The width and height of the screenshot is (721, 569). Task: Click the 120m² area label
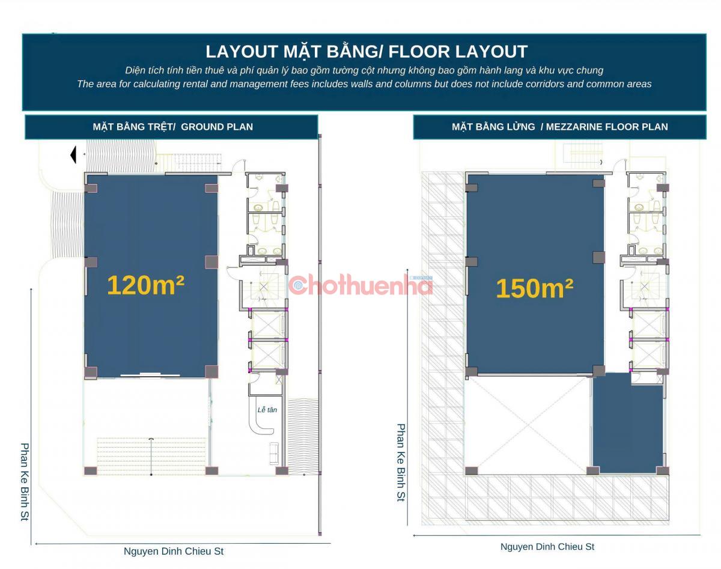146,285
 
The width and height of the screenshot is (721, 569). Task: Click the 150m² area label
534,288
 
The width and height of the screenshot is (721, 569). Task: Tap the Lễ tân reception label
267,410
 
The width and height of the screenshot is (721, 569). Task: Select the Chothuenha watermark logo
360,285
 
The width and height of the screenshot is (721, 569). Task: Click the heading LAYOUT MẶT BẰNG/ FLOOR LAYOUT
367,52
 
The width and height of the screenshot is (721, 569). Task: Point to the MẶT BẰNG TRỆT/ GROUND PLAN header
173,127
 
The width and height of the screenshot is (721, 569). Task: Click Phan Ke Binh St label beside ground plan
25,482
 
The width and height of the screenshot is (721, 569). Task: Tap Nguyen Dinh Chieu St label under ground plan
174,551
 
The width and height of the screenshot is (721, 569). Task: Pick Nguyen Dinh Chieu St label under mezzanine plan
547,547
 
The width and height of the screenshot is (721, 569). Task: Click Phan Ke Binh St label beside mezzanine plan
401,463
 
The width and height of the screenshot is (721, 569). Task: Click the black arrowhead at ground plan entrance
73,155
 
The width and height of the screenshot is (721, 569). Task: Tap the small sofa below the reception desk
274,454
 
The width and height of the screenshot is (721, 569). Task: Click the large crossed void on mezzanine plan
528,425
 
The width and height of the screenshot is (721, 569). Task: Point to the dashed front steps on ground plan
151,456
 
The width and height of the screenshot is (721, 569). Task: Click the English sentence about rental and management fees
364,84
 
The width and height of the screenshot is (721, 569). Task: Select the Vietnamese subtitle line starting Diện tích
364,70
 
